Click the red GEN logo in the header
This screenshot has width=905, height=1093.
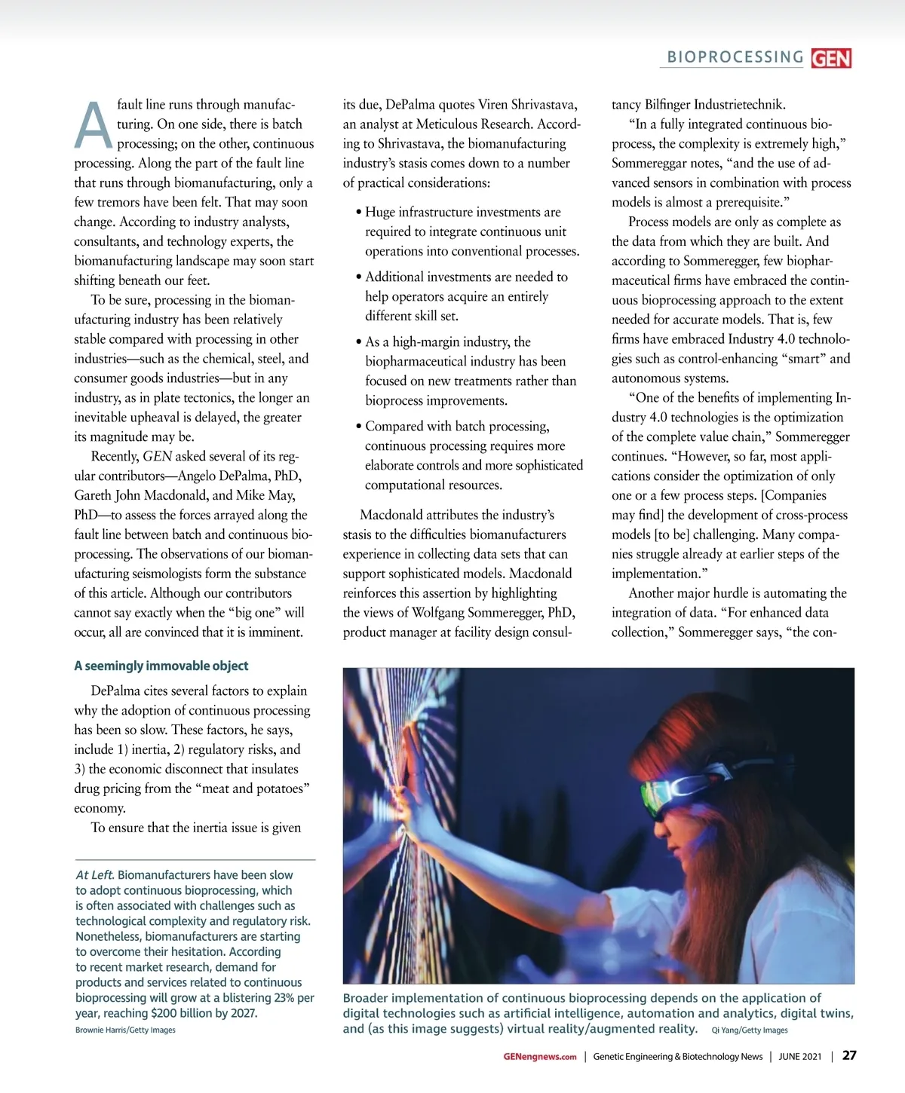(831, 58)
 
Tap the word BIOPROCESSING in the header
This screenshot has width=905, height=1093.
(735, 57)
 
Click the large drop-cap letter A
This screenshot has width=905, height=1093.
(94, 126)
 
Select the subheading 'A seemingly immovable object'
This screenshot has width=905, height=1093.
(161, 666)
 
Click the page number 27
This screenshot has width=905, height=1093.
(849, 1055)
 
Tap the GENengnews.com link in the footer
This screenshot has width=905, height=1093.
(539, 1057)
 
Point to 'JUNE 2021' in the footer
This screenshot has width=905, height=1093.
(800, 1057)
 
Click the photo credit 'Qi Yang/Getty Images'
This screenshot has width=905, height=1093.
(749, 1030)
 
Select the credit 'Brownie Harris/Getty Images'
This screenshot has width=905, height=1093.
(125, 1030)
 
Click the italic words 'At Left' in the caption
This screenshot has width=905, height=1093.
(94, 875)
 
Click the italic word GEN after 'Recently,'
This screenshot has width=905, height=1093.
(158, 456)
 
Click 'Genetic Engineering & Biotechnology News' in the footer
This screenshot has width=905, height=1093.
(677, 1057)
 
